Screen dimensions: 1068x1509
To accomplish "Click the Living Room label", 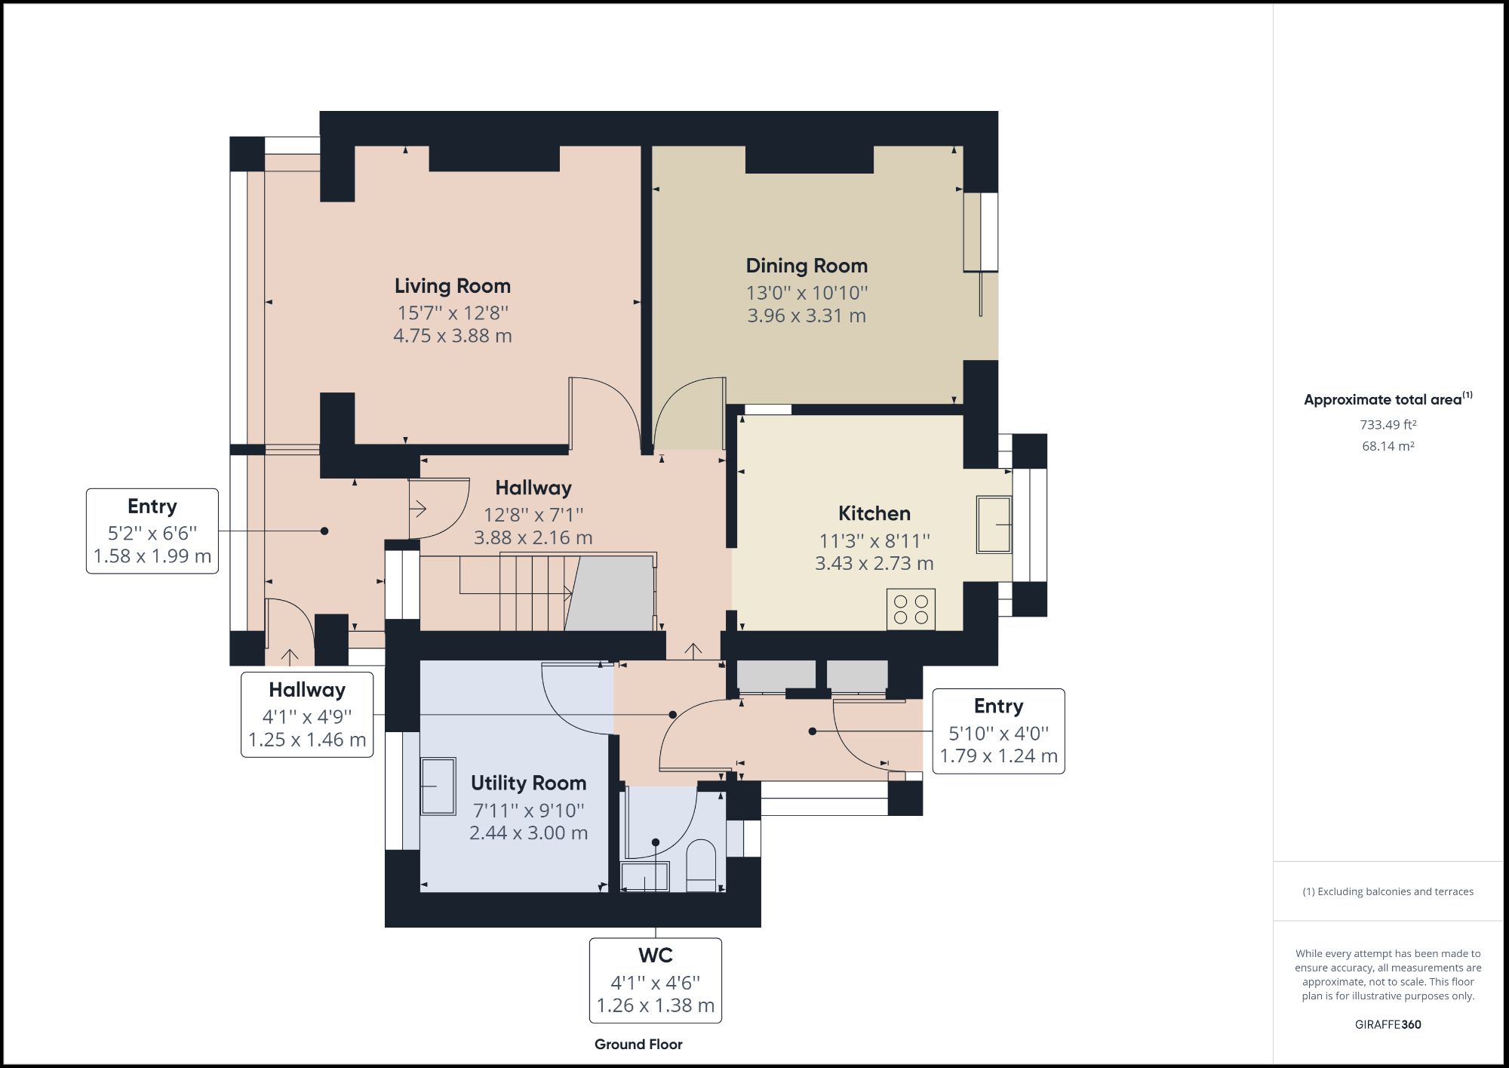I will (452, 286).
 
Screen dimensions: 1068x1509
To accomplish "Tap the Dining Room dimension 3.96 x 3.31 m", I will (806, 315).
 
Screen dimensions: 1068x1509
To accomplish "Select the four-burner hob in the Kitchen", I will (911, 609).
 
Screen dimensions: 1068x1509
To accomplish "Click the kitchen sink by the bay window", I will (994, 524).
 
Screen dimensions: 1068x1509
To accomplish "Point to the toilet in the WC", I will (701, 866).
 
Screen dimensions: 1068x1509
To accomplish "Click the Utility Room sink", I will (438, 786).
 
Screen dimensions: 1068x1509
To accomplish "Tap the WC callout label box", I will (655, 980).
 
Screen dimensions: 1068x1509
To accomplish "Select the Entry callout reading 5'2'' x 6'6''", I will (152, 531).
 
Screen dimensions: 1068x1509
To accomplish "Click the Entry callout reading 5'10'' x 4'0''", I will (998, 731).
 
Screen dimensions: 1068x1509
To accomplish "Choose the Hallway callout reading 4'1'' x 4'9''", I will (307, 715).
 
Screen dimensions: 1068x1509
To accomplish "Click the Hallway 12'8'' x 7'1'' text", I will (533, 515).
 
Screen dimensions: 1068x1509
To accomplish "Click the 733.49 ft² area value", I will (1388, 425).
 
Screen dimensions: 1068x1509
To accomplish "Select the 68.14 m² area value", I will (1388, 446).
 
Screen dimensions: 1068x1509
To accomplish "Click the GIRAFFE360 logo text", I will (1388, 1024).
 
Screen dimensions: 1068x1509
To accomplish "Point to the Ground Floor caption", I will (638, 1044).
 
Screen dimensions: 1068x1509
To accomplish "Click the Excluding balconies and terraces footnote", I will (1388, 891).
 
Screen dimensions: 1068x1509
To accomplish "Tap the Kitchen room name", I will (874, 513).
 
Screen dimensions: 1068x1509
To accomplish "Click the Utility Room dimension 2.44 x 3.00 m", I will (528, 833).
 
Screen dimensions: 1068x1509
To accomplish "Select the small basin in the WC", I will (644, 877).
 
